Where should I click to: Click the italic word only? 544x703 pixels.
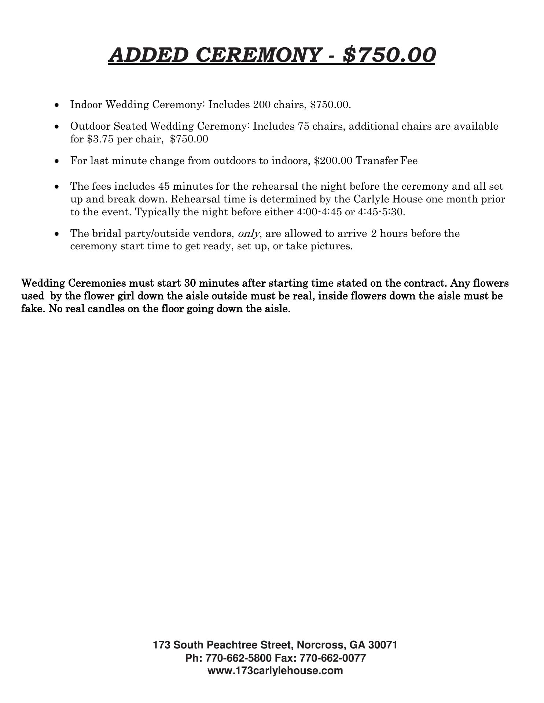(x=249, y=234)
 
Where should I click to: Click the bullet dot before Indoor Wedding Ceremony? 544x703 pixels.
(x=56, y=105)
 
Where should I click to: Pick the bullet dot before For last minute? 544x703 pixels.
(x=56, y=161)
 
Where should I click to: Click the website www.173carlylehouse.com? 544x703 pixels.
(x=275, y=671)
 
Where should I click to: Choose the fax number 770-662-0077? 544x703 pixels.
(x=333, y=658)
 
